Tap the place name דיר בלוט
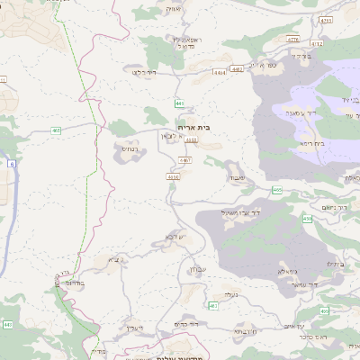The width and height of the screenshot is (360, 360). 143,71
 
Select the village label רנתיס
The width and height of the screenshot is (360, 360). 129,148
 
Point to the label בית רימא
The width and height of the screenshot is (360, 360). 335,143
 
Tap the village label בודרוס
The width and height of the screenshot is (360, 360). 76,283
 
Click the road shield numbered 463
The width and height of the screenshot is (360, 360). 213,306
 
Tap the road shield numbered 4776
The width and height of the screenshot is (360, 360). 292,40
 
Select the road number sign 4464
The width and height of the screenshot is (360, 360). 220,72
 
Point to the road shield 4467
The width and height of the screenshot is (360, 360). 185,160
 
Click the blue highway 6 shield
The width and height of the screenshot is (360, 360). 12,165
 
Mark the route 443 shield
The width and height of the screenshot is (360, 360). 8,323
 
